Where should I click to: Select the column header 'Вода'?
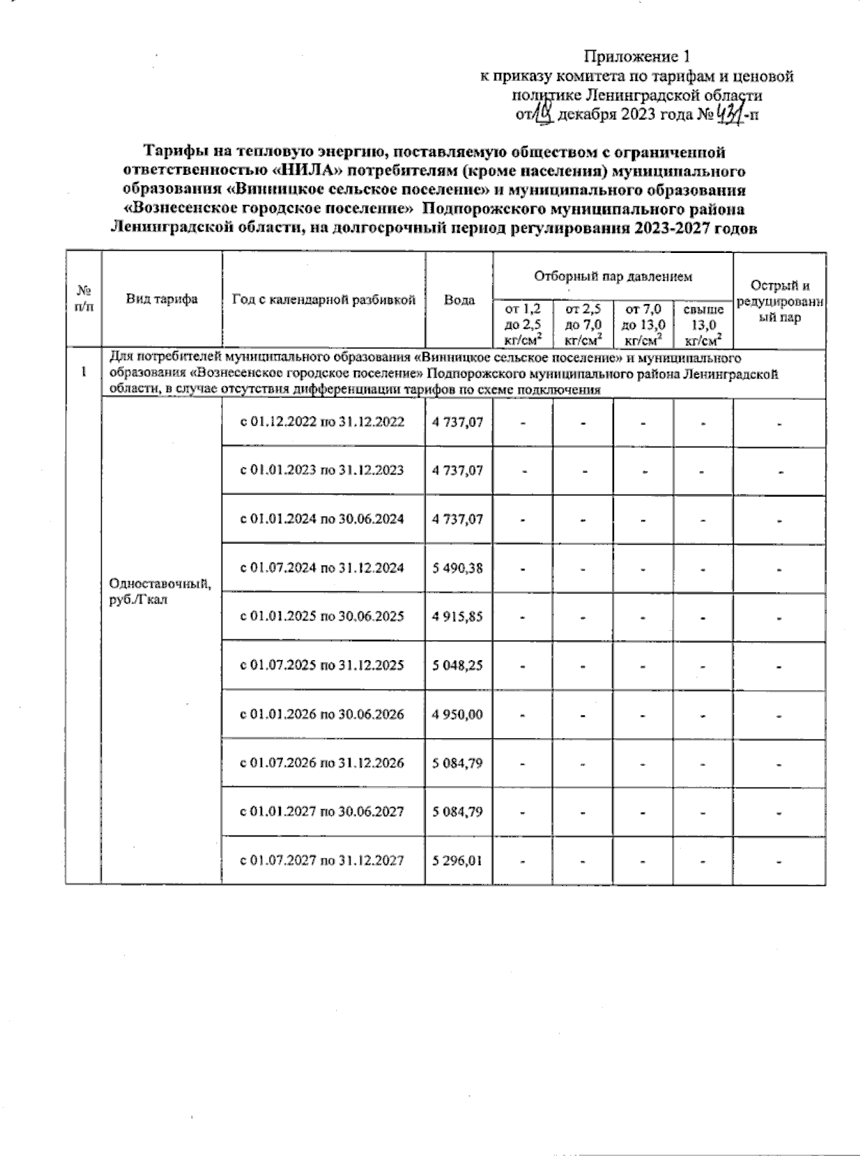tap(459, 300)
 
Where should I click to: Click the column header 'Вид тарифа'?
tap(162, 300)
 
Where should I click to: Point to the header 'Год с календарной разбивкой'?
tap(323, 300)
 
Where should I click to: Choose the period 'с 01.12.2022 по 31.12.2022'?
tap(322, 422)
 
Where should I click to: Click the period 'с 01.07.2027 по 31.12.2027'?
tap(322, 860)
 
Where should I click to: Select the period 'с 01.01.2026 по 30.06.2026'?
tap(322, 715)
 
